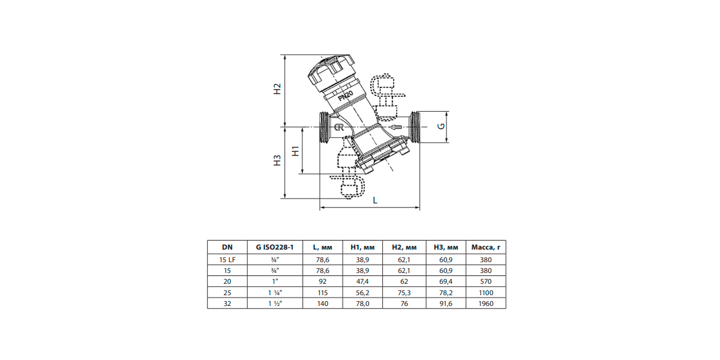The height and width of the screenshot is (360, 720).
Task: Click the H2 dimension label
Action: (277, 89)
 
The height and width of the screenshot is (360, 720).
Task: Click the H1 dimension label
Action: (295, 151)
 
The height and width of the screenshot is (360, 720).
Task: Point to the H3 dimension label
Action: (277, 160)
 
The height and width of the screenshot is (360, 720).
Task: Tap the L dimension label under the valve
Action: (375, 200)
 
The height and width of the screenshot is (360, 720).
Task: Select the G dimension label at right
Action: (442, 126)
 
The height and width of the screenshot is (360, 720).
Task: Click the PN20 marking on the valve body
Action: (346, 95)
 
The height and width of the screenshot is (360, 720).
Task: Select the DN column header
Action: (227, 247)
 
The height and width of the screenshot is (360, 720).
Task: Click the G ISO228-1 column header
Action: (275, 247)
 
